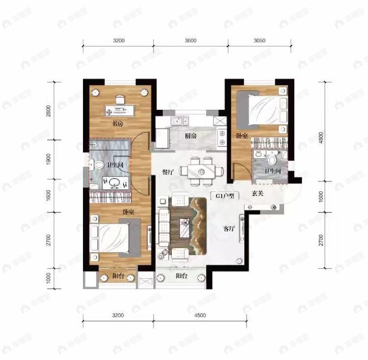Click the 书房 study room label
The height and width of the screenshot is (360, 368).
[116, 124]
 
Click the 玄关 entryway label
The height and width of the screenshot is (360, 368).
[258, 194]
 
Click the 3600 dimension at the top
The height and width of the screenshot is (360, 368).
[191, 41]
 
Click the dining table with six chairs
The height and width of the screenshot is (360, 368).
[200, 170]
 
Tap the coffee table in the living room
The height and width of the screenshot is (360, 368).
[185, 228]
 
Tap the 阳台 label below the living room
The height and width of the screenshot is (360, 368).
[182, 277]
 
